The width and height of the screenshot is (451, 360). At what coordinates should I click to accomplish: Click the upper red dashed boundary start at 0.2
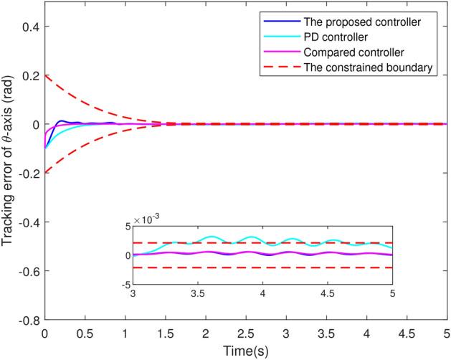45,75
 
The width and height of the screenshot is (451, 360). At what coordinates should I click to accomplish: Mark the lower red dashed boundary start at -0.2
45,173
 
